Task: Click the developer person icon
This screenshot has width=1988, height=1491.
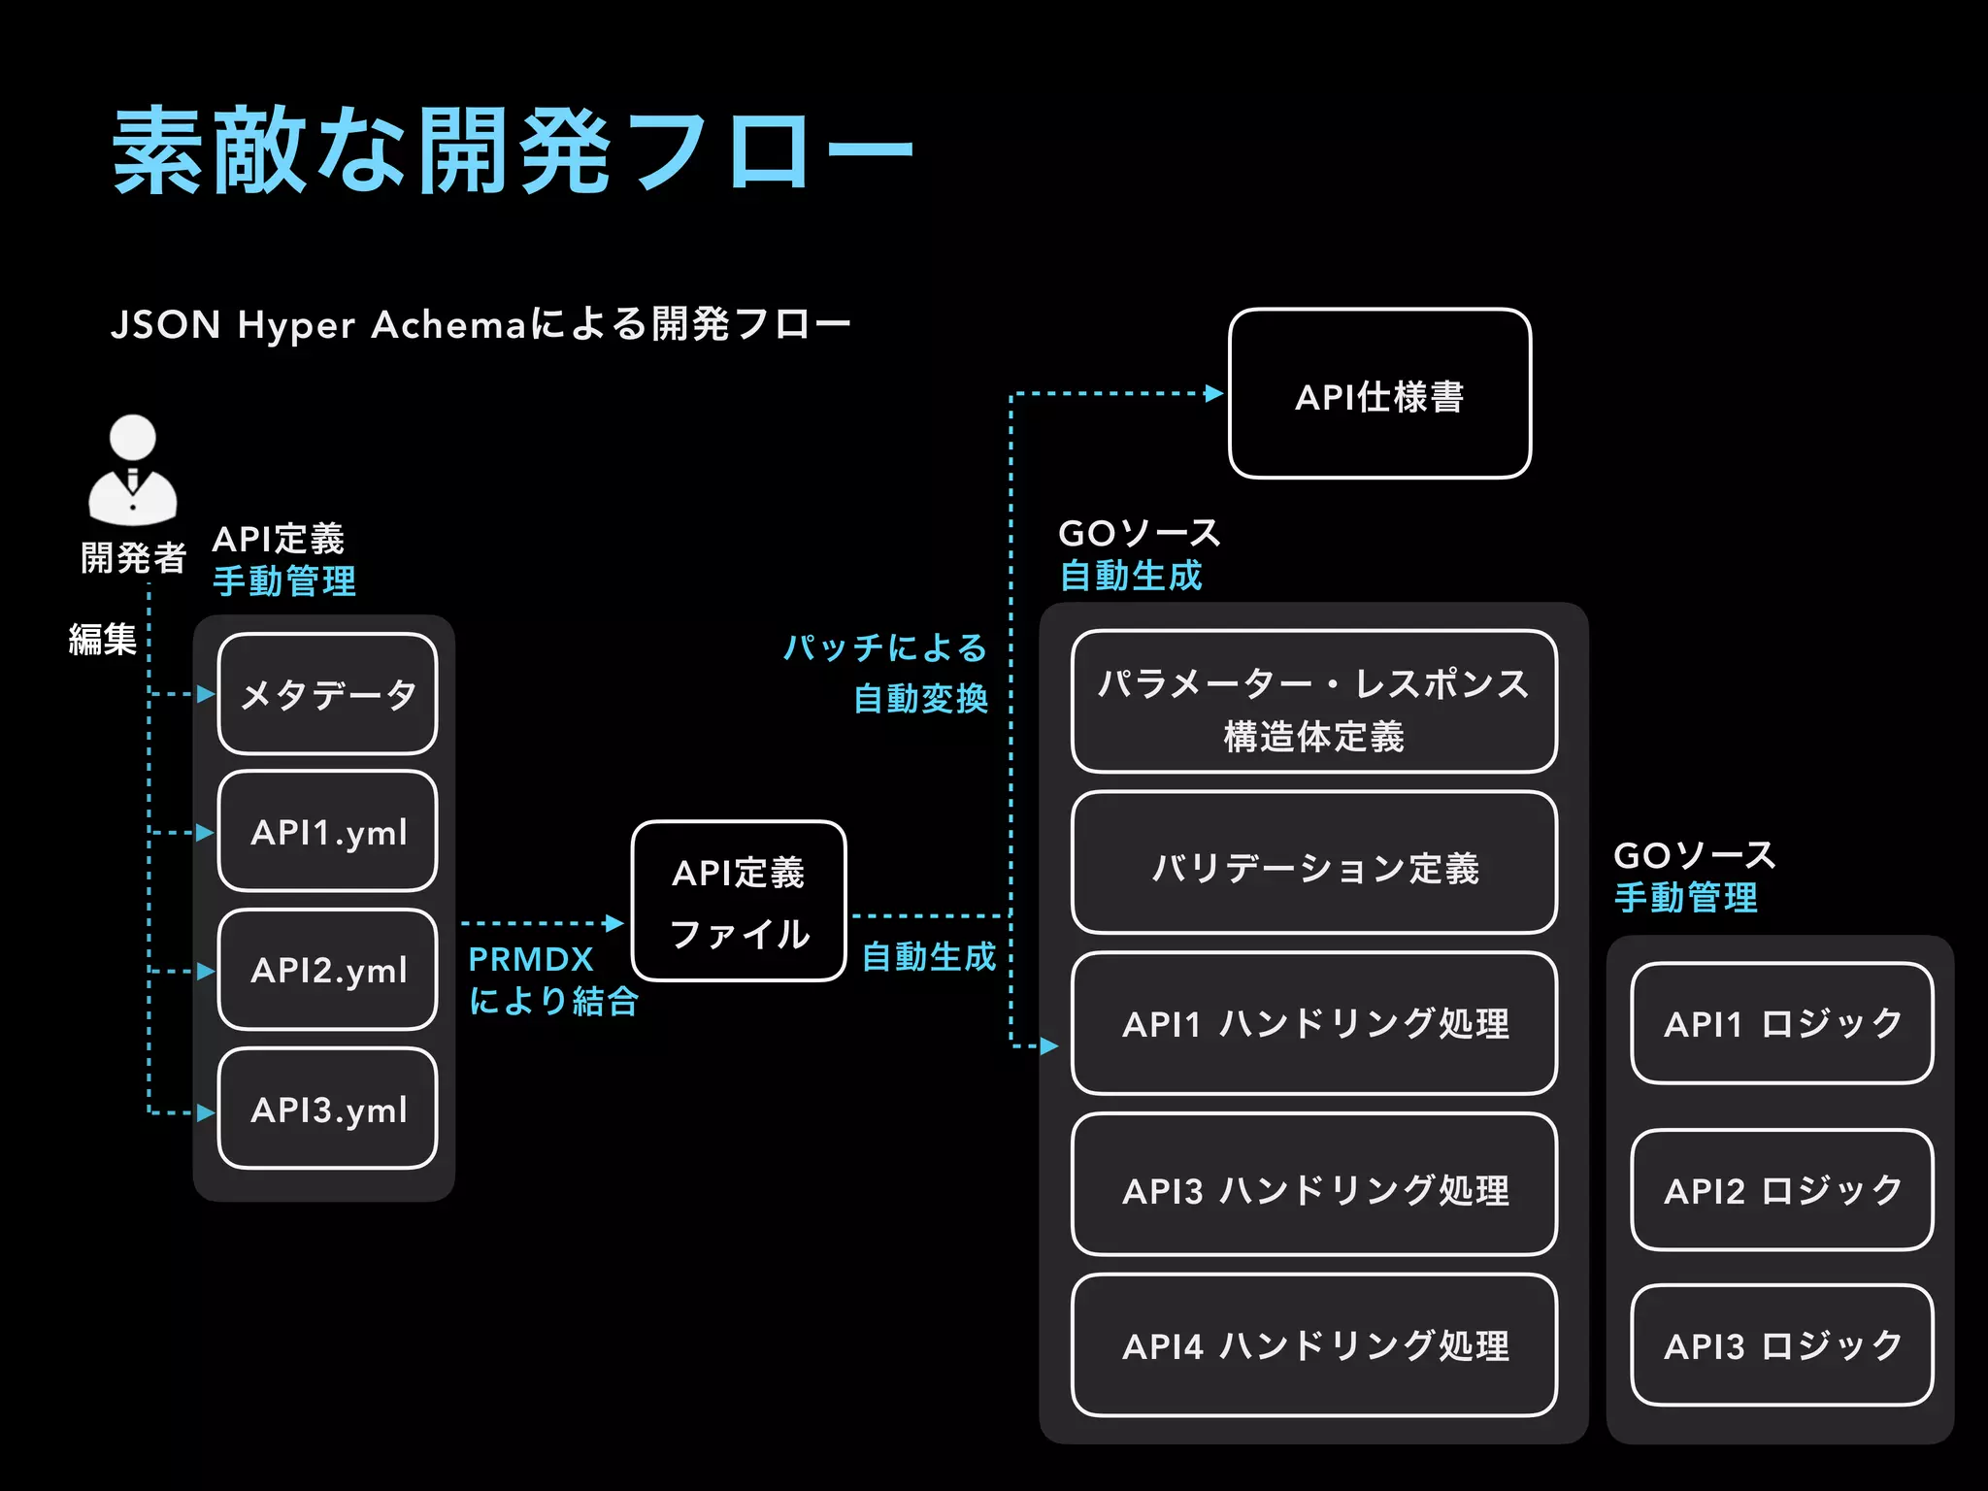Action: click(x=133, y=470)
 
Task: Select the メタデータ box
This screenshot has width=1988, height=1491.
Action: click(x=328, y=694)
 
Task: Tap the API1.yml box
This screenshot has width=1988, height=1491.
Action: click(x=328, y=832)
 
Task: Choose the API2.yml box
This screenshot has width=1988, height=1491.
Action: click(x=328, y=970)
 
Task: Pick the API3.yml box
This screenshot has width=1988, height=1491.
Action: click(x=328, y=1109)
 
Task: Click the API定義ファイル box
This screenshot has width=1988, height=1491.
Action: click(x=739, y=902)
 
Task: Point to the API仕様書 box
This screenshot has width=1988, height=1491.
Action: click(x=1379, y=394)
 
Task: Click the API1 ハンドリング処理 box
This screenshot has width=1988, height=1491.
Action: click(x=1314, y=1023)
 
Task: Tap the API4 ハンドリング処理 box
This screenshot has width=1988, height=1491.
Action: click(x=1314, y=1345)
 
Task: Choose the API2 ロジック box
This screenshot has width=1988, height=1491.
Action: click(x=1782, y=1190)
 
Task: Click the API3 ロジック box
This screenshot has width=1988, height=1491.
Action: click(x=1782, y=1345)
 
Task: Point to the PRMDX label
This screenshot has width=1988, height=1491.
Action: click(x=531, y=959)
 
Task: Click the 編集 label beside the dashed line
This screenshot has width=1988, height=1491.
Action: click(x=102, y=640)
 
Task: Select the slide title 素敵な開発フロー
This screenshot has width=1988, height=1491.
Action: click(x=513, y=151)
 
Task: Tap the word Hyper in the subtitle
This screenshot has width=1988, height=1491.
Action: click(x=296, y=325)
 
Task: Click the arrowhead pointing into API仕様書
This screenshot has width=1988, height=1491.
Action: click(x=1213, y=393)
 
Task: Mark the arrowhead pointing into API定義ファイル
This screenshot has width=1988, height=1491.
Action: click(x=614, y=923)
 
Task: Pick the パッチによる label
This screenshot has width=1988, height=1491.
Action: click(x=884, y=647)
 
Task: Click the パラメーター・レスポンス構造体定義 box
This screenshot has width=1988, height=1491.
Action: click(x=1314, y=702)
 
